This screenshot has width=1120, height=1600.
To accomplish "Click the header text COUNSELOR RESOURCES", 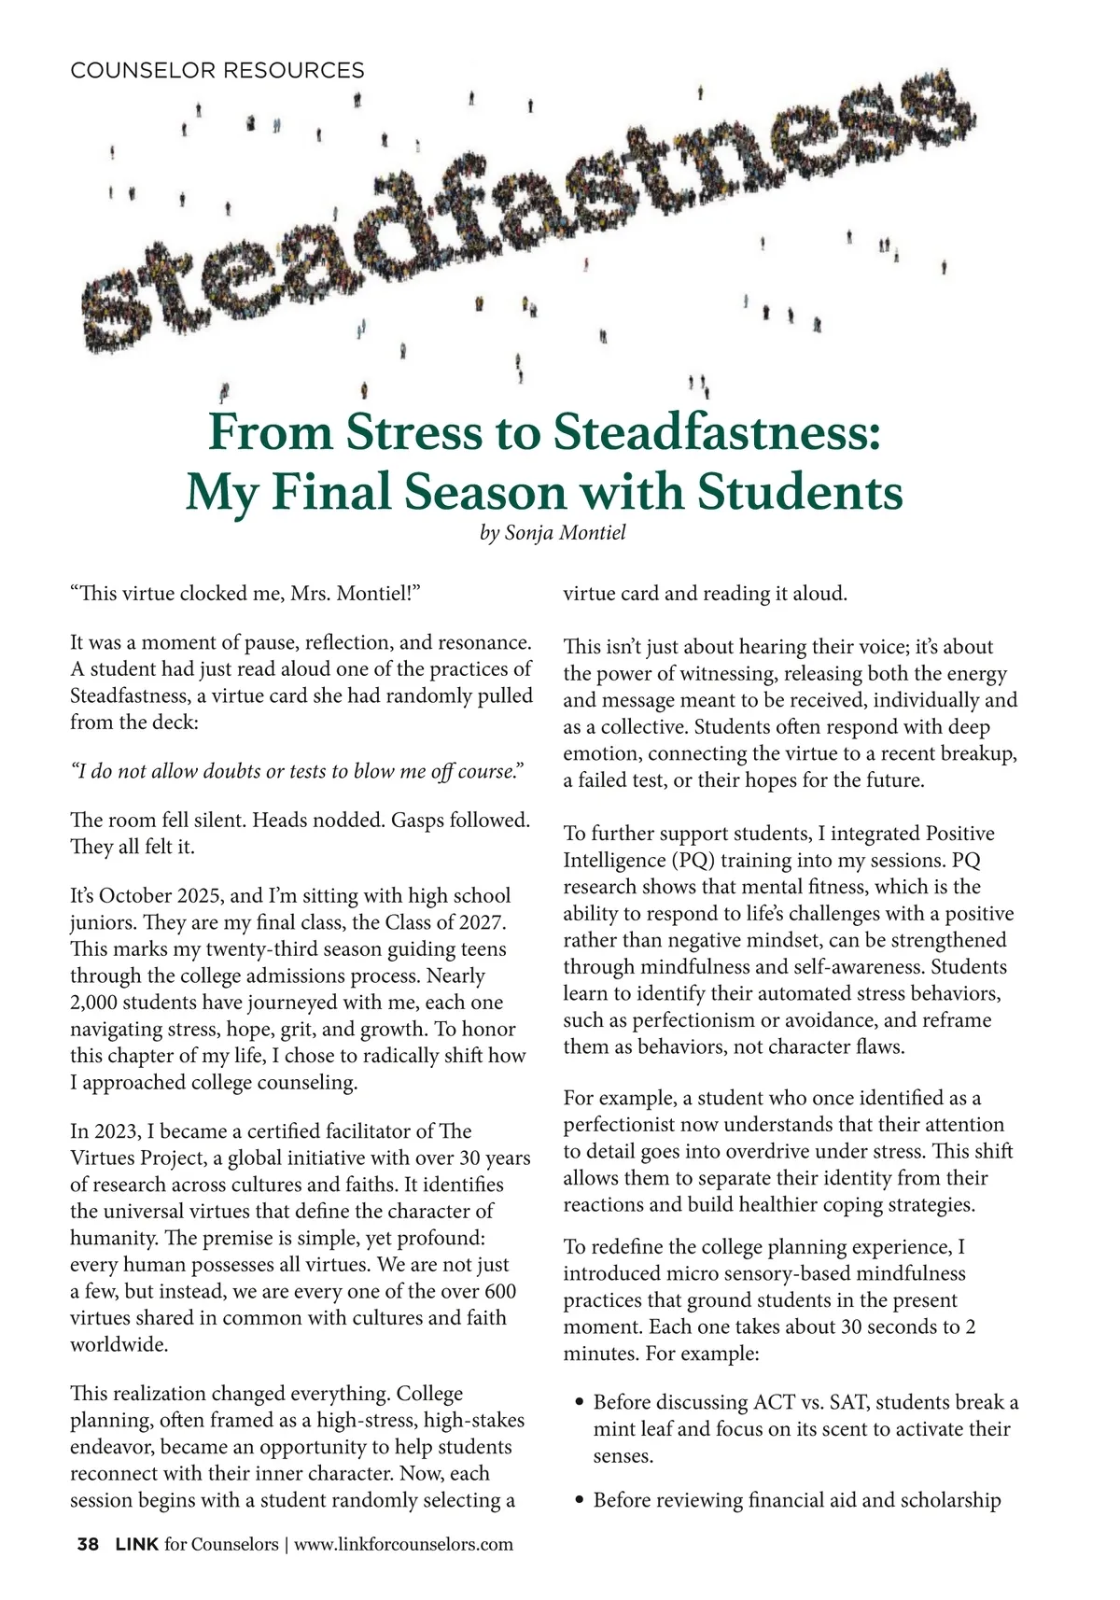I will click(217, 71).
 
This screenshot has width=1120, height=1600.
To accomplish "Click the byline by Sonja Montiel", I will click(552, 533).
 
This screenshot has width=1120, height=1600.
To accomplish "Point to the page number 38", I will click(88, 1544).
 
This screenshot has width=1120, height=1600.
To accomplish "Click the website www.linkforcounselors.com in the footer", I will click(403, 1544).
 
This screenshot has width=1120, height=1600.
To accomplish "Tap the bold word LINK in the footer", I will click(136, 1544).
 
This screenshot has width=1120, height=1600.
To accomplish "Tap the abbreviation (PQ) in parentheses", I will click(693, 860).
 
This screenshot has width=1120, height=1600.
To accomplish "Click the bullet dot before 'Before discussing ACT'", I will click(580, 1403).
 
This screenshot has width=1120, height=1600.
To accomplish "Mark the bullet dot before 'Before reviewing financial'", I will click(580, 1501).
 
